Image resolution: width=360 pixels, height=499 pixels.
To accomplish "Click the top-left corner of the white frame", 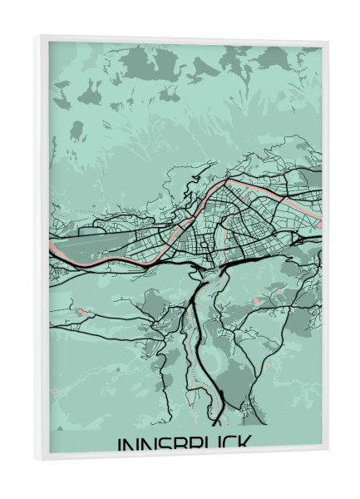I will [36, 36].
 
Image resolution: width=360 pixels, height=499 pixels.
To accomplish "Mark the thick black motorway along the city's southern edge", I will [258, 259].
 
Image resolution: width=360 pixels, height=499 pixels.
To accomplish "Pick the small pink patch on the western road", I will [81, 311].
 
